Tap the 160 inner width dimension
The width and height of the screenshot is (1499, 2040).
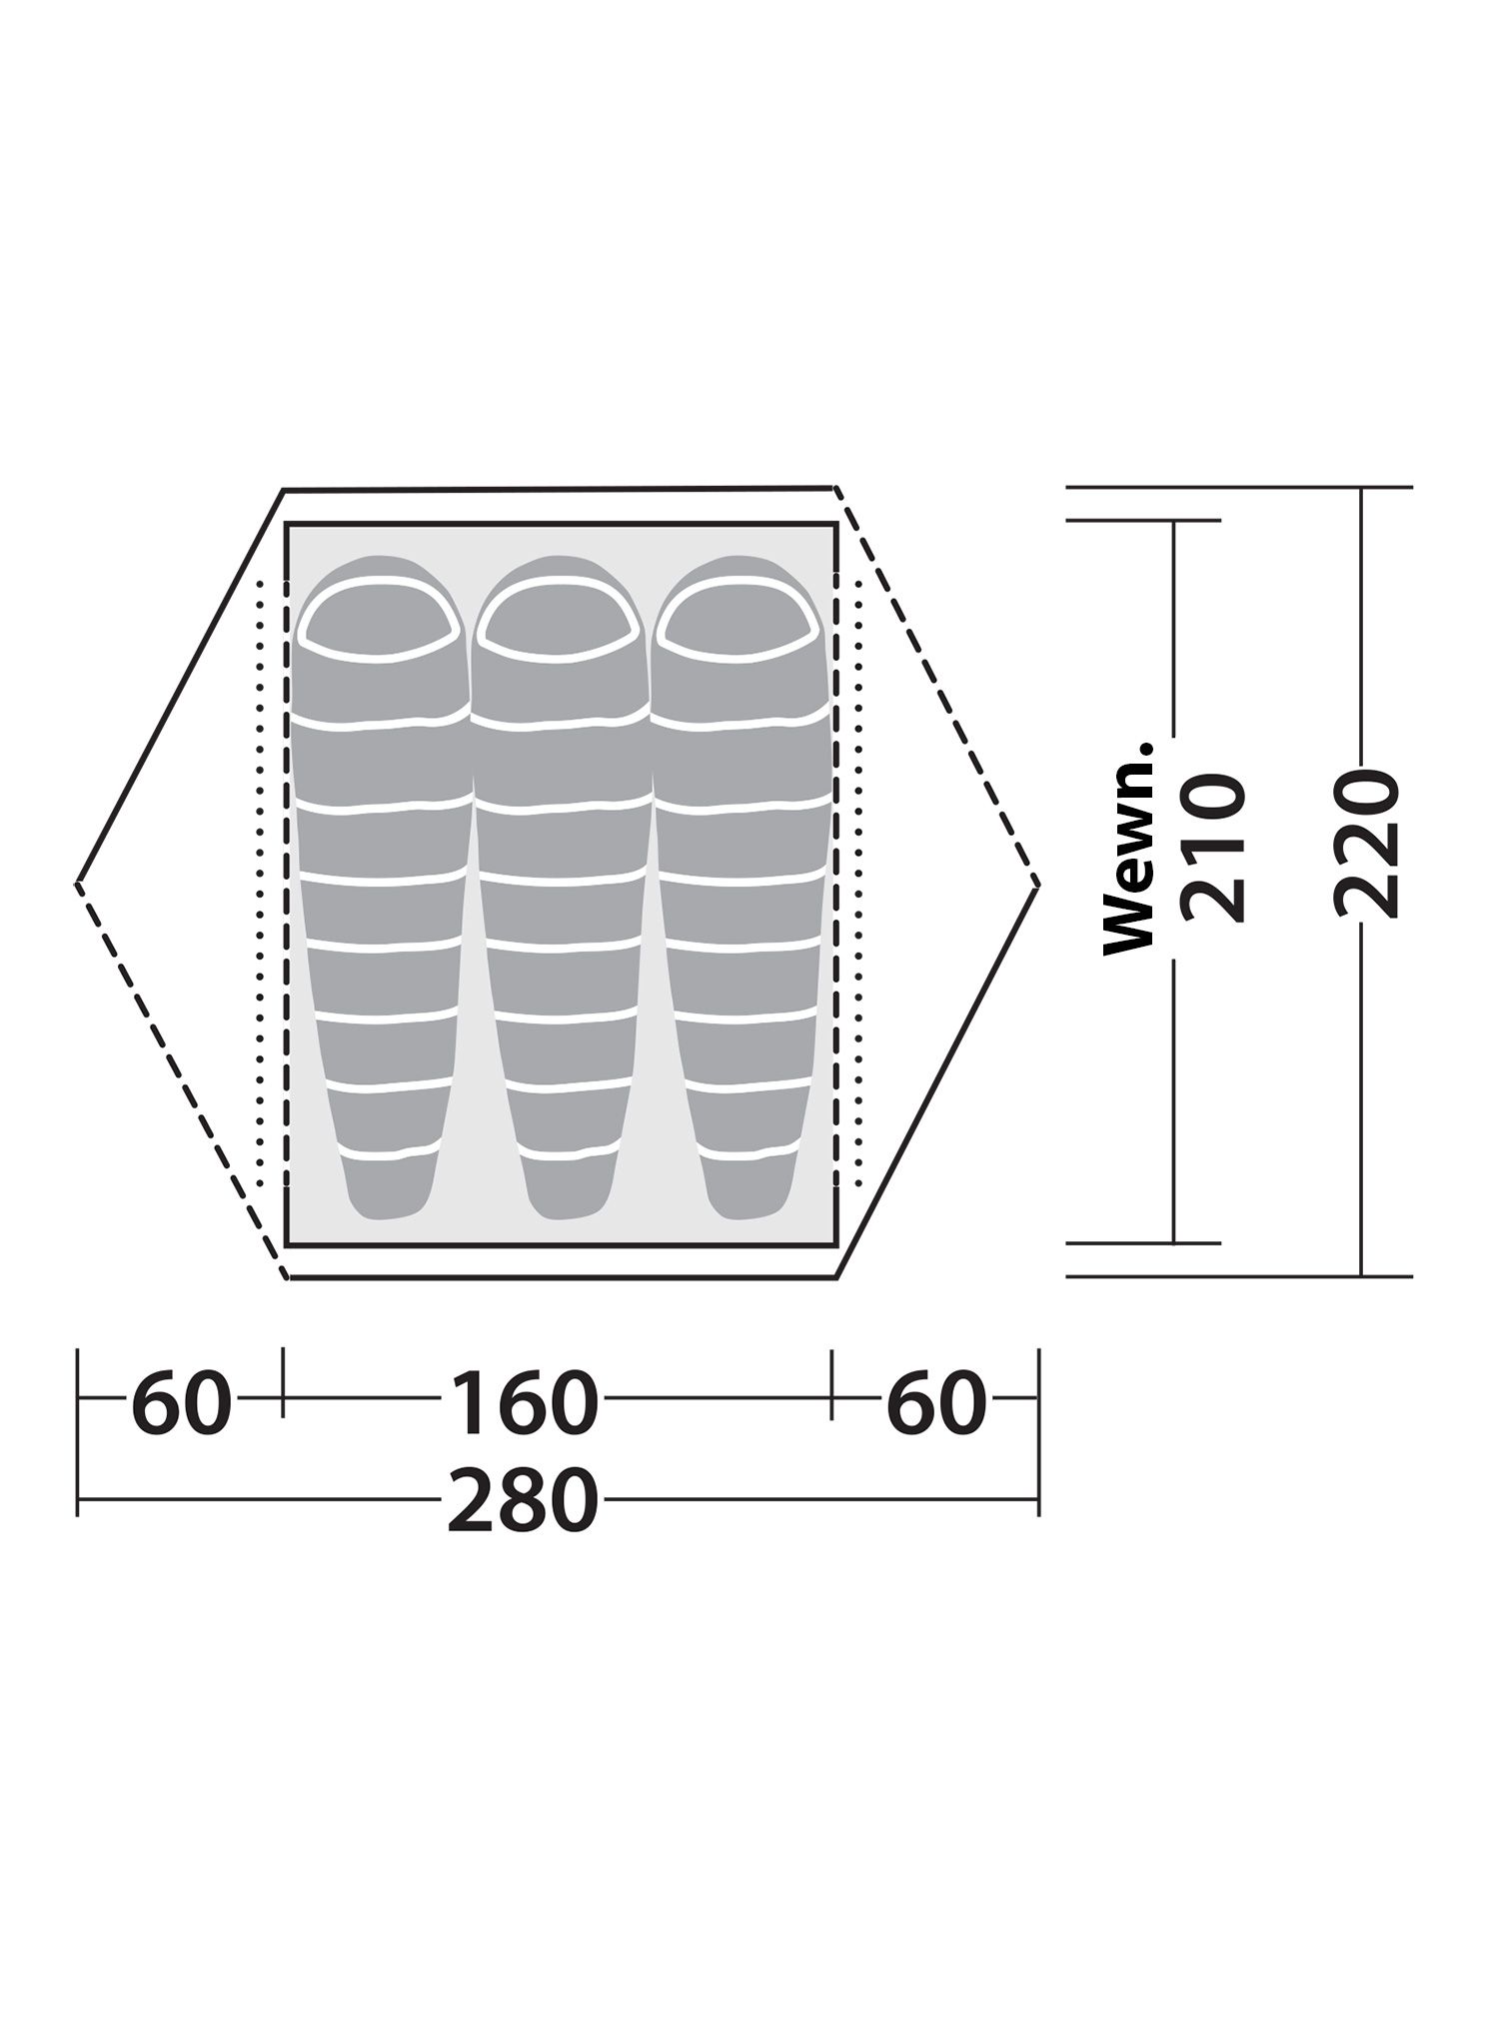(x=524, y=1403)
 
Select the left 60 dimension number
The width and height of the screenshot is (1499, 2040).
(x=181, y=1403)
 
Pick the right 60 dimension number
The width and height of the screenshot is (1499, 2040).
(x=936, y=1403)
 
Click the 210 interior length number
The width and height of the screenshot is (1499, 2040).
(x=1213, y=849)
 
